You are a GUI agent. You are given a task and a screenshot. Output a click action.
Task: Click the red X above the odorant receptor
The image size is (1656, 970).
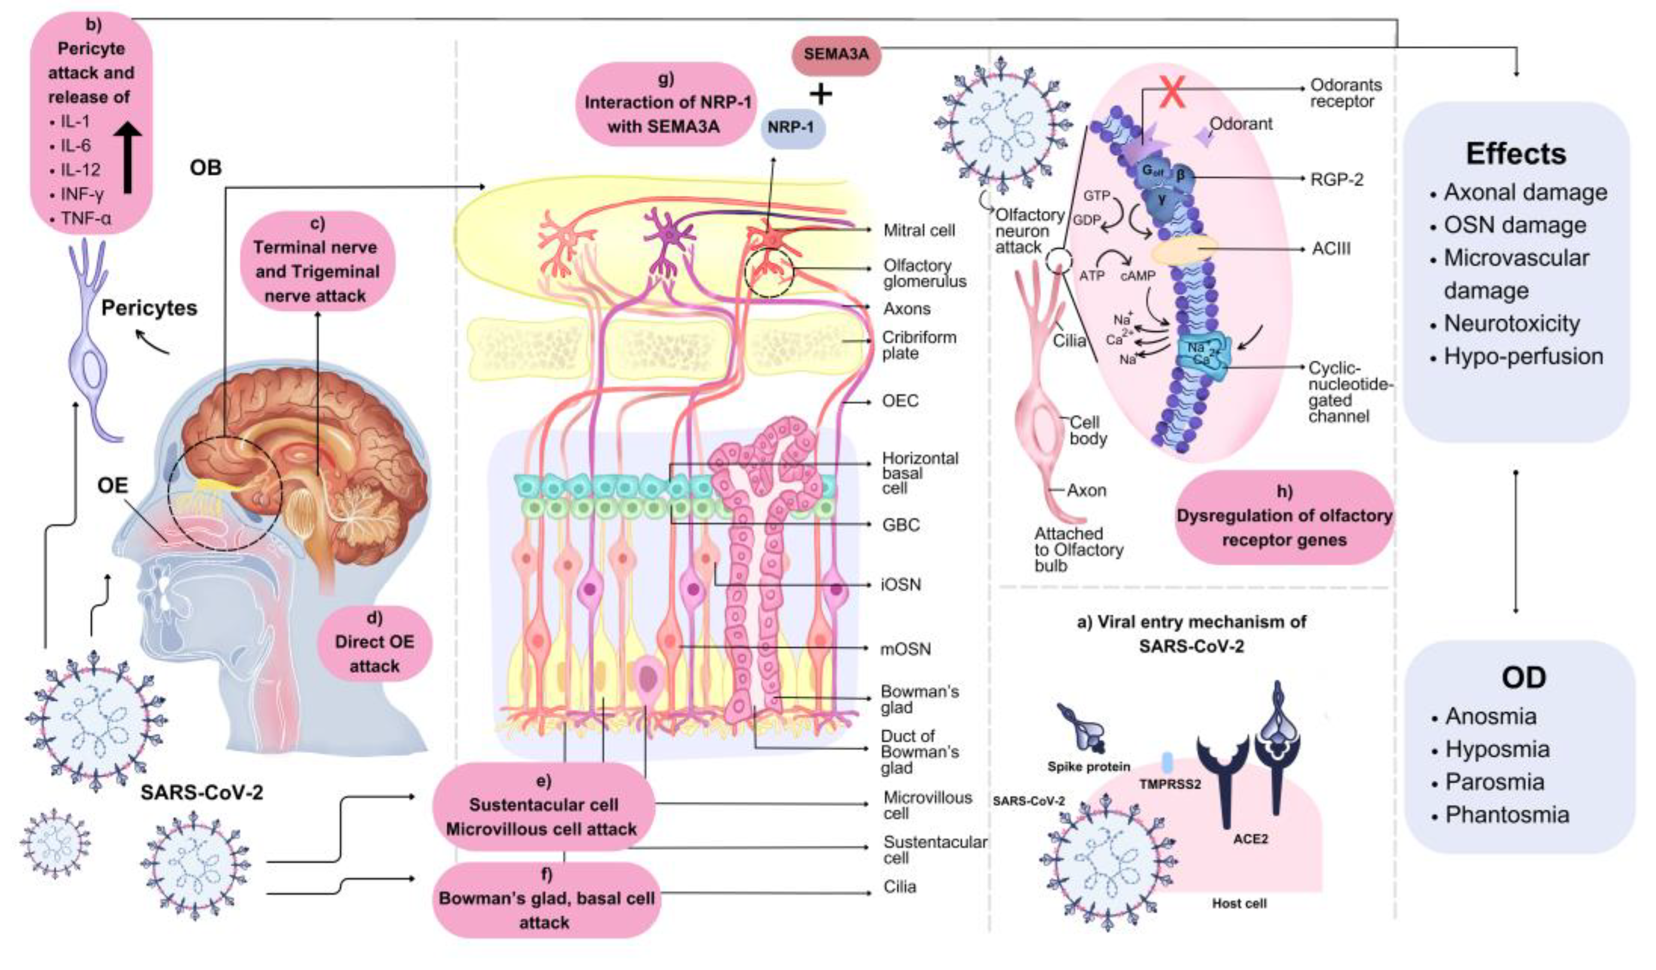(1172, 92)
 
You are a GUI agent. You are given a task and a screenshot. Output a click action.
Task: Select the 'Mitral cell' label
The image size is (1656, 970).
(919, 231)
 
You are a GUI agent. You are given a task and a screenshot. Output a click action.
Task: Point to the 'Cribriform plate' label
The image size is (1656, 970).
(919, 345)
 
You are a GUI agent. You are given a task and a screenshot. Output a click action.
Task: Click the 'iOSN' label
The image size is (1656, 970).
(901, 584)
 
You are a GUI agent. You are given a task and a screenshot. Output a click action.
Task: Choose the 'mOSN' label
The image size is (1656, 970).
(906, 649)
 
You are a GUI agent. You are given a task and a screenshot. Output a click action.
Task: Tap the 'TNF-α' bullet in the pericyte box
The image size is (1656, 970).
(86, 217)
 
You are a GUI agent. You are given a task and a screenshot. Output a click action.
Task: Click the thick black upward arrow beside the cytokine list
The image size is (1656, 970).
(127, 158)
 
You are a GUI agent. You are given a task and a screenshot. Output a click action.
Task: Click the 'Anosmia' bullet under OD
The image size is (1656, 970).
(1490, 716)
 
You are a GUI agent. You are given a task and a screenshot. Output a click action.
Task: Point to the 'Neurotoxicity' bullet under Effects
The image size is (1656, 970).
(1512, 323)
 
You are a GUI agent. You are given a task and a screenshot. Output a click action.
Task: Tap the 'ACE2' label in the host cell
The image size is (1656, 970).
(1250, 839)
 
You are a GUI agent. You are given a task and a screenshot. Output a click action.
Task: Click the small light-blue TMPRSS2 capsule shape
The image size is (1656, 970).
(1168, 762)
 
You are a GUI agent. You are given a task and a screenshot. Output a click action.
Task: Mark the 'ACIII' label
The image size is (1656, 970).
(1331, 249)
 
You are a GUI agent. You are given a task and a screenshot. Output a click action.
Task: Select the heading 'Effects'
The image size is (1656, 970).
(1516, 154)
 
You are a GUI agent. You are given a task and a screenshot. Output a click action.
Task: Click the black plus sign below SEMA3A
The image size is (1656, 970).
(820, 94)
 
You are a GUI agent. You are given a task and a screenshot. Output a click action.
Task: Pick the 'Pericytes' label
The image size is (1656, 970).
(149, 308)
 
